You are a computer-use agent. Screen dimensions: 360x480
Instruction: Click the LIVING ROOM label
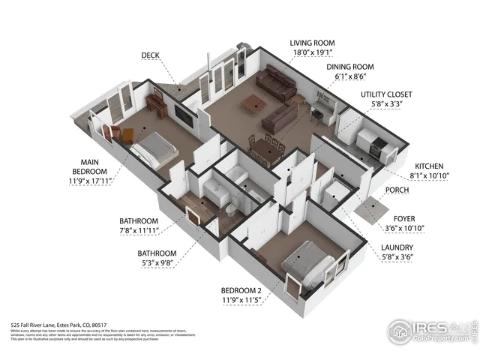tap(312, 43)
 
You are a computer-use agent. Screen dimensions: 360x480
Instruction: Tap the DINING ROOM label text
tap(349, 67)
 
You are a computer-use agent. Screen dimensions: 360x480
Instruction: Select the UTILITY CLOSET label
tap(386, 94)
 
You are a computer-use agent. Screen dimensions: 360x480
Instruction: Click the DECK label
tap(151, 55)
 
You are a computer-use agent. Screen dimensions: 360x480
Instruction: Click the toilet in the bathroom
tap(235, 205)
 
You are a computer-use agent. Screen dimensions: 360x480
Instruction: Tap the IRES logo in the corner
tap(431, 328)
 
